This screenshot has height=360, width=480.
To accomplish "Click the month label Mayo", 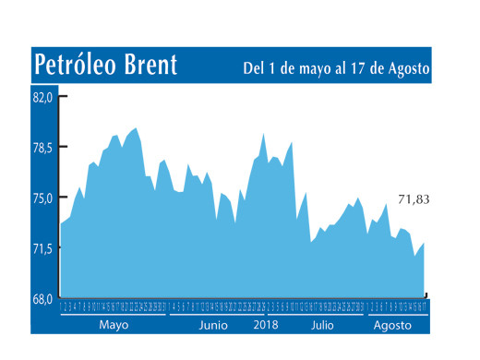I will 114,326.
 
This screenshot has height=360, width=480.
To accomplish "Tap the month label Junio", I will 213,326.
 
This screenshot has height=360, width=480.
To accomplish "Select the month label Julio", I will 322,326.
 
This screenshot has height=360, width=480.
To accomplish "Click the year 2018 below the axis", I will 266,326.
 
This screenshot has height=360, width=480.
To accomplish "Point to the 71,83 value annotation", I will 414,199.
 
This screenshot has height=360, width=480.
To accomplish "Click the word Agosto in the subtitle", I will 409,69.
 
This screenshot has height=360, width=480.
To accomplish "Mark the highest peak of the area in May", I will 136,128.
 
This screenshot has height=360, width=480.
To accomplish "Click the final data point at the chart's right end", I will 425,243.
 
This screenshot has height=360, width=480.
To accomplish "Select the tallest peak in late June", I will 263,134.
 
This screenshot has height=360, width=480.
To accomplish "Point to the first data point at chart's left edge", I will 62,223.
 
